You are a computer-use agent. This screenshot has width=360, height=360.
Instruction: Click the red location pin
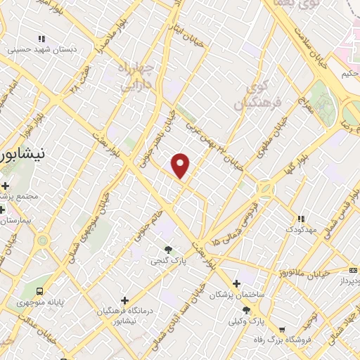[x=181, y=166]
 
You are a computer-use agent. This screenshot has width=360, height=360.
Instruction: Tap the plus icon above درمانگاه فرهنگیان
[x=124, y=300]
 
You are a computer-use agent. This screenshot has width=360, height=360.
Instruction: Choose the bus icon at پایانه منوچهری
[x=41, y=290]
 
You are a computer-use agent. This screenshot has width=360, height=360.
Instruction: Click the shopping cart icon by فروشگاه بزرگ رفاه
[x=282, y=330]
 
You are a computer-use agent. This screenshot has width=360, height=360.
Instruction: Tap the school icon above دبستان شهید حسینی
[x=41, y=39]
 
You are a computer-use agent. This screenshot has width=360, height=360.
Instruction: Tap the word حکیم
[x=349, y=73]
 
